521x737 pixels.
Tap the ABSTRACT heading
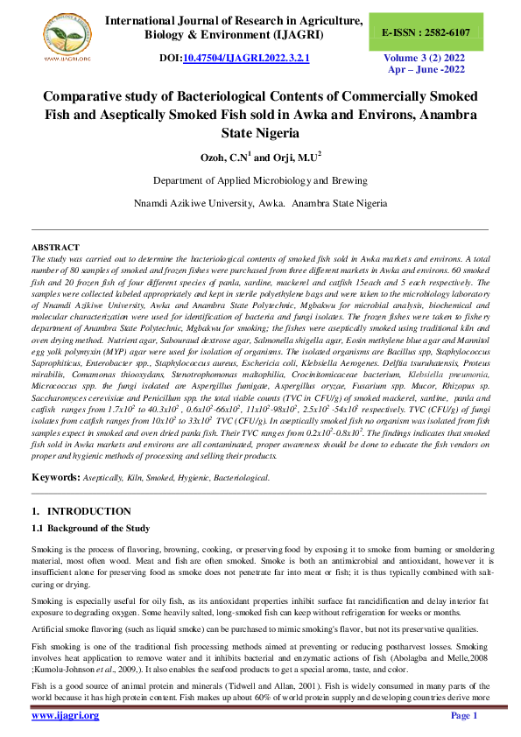tap(55, 248)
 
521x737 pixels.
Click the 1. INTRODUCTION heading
tap(81, 510)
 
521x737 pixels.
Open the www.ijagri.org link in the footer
tap(66, 716)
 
